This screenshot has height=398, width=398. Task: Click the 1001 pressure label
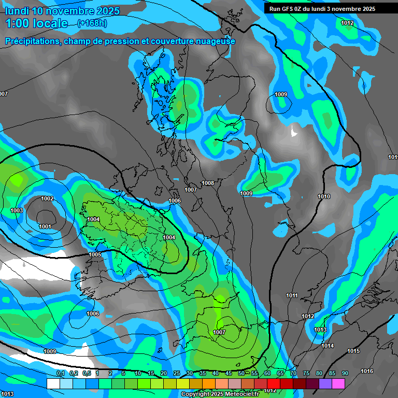[45, 226]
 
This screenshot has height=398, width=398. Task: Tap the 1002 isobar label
[47, 198]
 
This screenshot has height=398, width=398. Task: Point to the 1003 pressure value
[17, 210]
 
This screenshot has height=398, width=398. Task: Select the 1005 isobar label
[95, 254]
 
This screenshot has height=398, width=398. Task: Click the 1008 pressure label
[208, 183]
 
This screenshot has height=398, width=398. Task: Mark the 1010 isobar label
[324, 196]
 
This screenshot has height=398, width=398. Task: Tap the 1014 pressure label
[328, 346]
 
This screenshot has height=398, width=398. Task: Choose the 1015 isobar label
[353, 351]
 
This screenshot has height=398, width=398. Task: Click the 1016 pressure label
[367, 371]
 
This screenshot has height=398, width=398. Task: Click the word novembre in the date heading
[70, 11]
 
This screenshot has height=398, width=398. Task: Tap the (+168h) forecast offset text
[92, 23]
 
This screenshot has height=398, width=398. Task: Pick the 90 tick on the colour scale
[345, 373]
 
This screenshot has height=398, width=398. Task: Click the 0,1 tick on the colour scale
[60, 373]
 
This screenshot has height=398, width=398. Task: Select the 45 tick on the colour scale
[229, 373]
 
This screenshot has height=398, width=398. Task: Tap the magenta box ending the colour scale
[338, 383]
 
